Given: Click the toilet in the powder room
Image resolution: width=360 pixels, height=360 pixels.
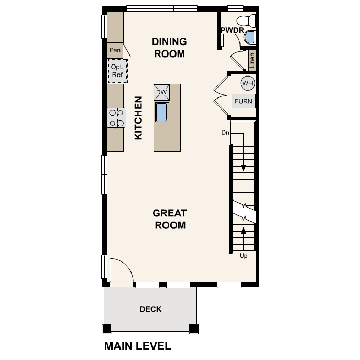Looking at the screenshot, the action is click(246, 20).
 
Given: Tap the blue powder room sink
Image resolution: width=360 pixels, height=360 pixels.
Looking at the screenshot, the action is click(249, 37).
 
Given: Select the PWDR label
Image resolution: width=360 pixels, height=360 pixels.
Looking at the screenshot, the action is click(232, 30).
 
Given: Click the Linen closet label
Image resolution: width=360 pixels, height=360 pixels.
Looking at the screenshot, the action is click(252, 60).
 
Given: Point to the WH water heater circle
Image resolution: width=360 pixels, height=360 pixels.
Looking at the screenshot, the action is click(248, 83).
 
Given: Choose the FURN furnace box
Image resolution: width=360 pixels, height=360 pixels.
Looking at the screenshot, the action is click(243, 101).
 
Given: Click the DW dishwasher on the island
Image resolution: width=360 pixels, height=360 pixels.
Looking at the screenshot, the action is click(161, 92).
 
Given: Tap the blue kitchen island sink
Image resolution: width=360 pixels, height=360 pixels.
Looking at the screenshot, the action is click(161, 112).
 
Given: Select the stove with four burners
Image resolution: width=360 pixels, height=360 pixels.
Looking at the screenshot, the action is click(117, 118).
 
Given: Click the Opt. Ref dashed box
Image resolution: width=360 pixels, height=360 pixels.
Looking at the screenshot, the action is click(118, 71).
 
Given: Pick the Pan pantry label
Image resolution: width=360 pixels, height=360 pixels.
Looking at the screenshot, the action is click(115, 50).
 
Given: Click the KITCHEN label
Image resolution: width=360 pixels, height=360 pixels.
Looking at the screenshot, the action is click(138, 118).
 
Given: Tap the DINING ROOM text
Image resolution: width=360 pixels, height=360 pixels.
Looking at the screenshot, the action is click(169, 48).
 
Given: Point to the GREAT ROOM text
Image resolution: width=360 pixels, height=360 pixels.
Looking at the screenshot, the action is click(170, 219).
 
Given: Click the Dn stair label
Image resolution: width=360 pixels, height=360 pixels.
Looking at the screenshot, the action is click(225, 133).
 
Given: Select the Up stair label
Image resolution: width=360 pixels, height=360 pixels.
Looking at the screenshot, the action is click(243, 256).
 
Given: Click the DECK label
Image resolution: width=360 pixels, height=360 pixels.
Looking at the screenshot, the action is click(150, 309).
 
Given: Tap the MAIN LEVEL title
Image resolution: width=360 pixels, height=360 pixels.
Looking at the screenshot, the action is click(138, 346).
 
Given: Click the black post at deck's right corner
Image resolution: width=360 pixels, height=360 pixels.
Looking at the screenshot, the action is click(193, 329).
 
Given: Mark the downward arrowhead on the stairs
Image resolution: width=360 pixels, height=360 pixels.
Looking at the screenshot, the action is click(243, 168).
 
